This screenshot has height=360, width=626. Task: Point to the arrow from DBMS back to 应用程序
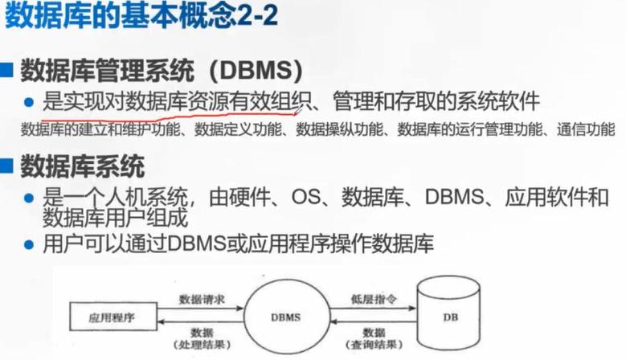coord(201,323)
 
